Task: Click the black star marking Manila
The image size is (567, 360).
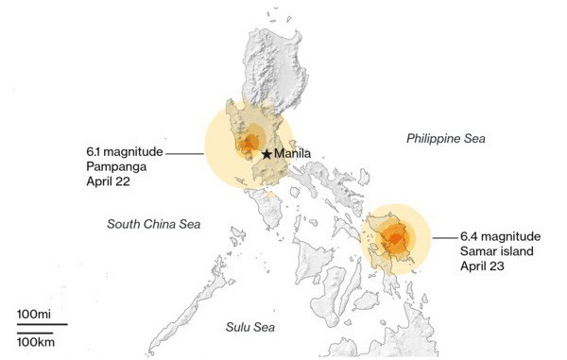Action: click(x=267, y=153)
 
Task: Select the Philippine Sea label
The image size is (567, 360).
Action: click(x=445, y=139)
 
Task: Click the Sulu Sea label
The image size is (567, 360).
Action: click(x=249, y=327)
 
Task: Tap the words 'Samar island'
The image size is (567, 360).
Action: click(x=497, y=250)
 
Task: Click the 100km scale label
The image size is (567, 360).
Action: click(x=35, y=339)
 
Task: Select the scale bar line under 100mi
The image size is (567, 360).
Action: click(x=42, y=324)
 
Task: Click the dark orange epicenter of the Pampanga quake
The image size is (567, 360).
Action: click(x=249, y=145)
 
